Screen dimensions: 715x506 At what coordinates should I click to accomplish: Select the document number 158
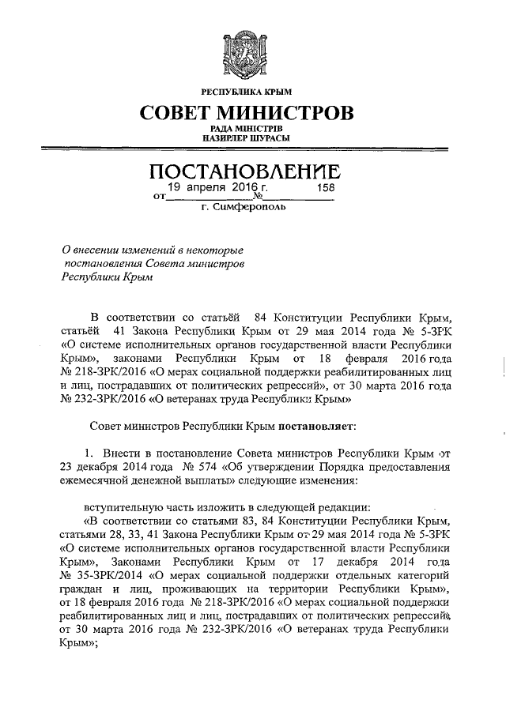point(326,189)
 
